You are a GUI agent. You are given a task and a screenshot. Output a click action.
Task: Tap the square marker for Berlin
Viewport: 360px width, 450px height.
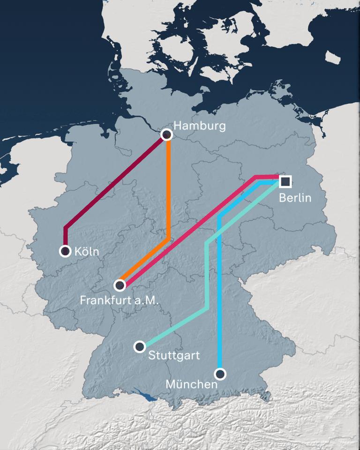(285, 181)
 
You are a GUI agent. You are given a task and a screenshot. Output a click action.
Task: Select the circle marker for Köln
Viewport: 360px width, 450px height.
(65, 251)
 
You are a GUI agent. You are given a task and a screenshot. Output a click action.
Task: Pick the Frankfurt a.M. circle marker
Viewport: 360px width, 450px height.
(120, 285)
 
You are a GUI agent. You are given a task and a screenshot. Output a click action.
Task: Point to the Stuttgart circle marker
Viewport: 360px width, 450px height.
(140, 347)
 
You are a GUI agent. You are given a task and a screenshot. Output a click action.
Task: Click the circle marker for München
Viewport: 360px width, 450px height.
(220, 374)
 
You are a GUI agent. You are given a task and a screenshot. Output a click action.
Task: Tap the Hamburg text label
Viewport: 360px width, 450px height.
(199, 126)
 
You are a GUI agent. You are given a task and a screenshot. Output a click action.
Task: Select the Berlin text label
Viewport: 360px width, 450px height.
(295, 197)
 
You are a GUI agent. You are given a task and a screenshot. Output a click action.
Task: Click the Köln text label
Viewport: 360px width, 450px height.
(87, 252)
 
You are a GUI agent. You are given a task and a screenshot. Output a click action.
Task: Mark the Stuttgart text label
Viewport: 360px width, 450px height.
(173, 355)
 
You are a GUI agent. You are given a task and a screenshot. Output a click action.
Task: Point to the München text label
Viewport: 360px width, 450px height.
(192, 384)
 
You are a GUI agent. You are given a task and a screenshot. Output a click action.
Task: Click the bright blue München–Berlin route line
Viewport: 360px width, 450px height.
(219, 305)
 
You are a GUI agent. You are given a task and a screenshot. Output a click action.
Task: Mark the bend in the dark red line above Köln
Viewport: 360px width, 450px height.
(66, 228)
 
